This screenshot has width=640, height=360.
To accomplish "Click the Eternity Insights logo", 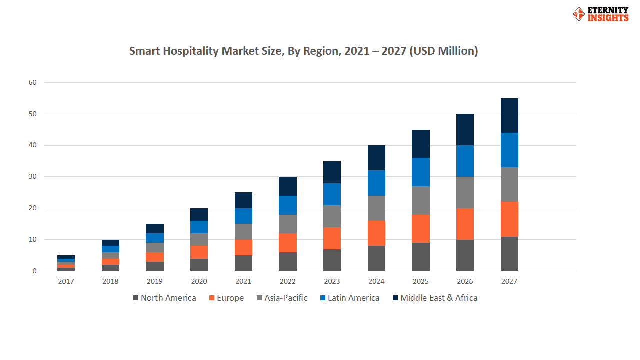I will (600, 14).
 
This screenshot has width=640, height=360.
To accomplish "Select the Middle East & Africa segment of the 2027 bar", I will (509, 115).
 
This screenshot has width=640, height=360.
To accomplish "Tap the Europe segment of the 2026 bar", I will (465, 224).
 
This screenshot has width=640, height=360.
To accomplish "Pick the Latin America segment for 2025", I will (421, 172).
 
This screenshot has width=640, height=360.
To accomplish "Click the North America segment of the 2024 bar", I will (376, 258).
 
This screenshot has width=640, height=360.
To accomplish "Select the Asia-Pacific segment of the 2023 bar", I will (332, 216).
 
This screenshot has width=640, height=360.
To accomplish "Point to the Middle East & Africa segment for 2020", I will (199, 214).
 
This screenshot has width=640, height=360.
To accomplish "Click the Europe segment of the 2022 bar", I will (288, 243).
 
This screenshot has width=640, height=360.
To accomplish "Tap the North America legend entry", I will (164, 298).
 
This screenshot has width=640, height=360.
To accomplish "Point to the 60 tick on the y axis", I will (32, 82).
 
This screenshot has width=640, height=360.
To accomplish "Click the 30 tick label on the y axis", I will (32, 177).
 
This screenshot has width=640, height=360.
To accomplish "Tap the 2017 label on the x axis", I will (66, 282).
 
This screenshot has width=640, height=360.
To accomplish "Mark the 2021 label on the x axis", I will (243, 282).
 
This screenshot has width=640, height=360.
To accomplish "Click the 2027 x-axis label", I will (509, 282).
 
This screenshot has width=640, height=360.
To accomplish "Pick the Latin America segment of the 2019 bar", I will (155, 238).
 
